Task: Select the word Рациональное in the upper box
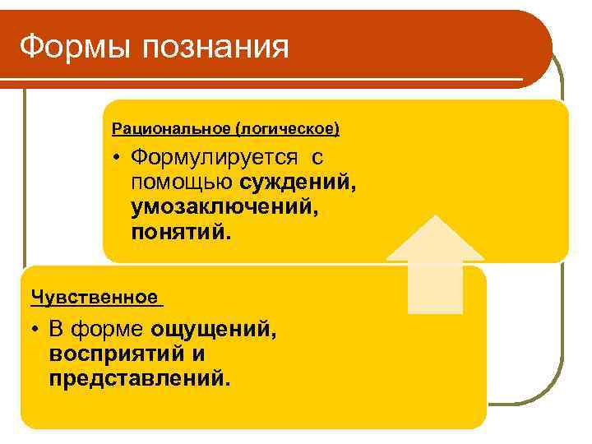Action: pos(171,129)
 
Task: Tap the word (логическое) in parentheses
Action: pos(287,129)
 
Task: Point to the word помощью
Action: pos(183,182)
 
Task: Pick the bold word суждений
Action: pos(298,182)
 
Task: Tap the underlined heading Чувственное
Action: pos(94,296)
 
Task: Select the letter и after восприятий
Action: pos(197,355)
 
